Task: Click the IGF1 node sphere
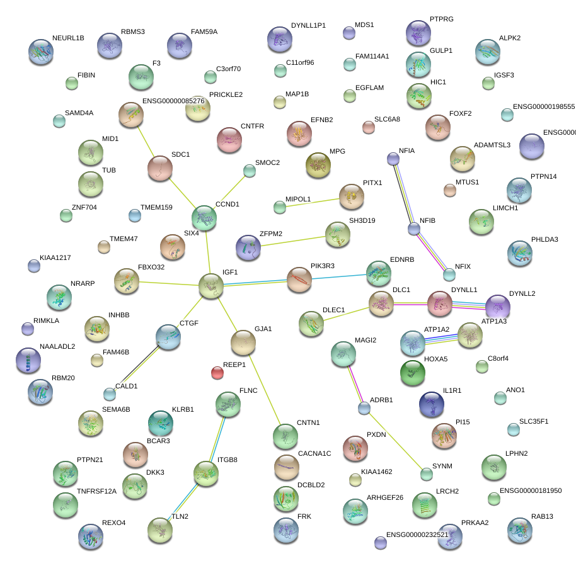[211, 285]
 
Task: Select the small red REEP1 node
[217, 373]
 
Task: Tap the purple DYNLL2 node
[497, 307]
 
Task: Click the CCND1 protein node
[204, 217]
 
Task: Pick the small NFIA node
[393, 159]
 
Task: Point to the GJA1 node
[243, 342]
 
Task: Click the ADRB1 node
[364, 409]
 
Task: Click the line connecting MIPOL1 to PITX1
[315, 201]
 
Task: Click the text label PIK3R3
[323, 266]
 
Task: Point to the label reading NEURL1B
[68, 38]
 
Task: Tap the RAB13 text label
[542, 517]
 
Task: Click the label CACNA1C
[314, 453]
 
